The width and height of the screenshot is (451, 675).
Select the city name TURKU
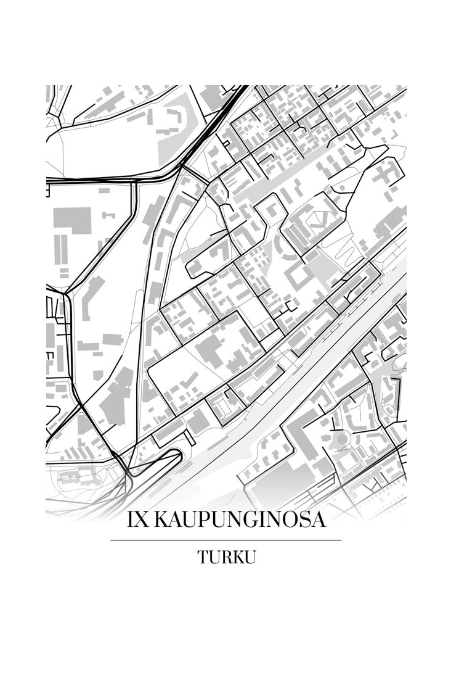pyautogui.click(x=226, y=557)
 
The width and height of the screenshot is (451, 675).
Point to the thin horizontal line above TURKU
pyautogui.click(x=225, y=540)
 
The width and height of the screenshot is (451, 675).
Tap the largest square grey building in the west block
pyautogui.click(x=71, y=220)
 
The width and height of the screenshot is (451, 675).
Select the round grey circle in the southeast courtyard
pyautogui.click(x=341, y=439)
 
